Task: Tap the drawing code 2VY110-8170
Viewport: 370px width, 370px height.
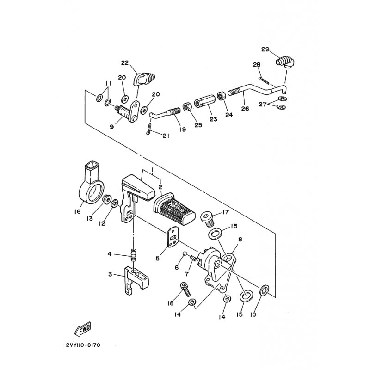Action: point(83,345)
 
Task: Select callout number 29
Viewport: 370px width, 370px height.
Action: point(265,49)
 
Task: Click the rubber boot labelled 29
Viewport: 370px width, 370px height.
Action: point(285,62)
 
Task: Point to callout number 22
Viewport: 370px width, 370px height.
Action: point(125,62)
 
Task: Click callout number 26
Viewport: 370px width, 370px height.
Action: point(245,109)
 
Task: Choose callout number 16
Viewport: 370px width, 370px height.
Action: point(77,211)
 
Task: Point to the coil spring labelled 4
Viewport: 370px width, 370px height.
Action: point(134,255)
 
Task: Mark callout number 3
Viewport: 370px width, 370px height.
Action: point(110,275)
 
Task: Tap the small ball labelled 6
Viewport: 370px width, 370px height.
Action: point(185,253)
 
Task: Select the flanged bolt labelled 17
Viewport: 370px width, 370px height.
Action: point(207,219)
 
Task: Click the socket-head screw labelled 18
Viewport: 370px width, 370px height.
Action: point(186,290)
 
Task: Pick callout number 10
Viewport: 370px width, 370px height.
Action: point(253,314)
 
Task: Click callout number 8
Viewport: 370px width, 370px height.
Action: point(240,240)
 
